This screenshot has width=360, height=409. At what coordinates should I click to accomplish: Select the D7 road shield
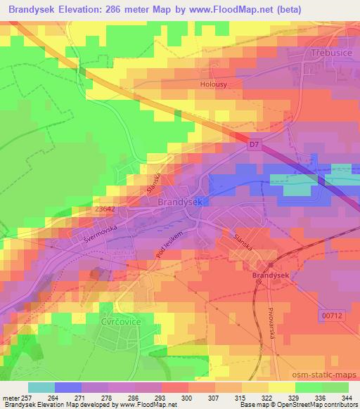click(255, 145)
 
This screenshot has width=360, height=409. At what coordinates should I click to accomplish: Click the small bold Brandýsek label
click(271, 276)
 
